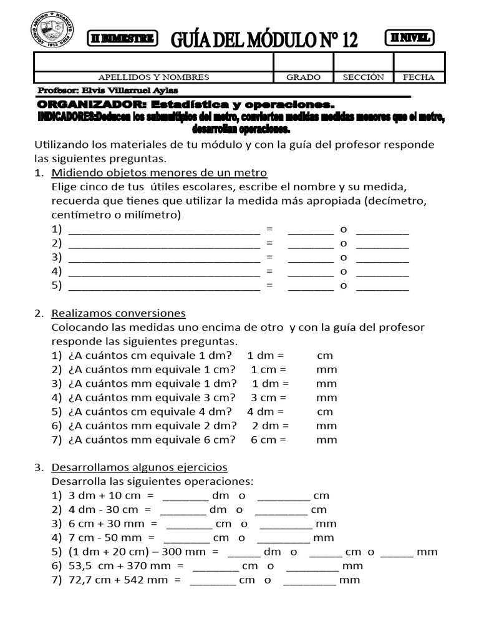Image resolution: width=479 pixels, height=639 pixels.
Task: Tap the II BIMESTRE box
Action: pyautogui.click(x=122, y=38)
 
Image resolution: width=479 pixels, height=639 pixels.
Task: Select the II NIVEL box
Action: pyautogui.click(x=410, y=37)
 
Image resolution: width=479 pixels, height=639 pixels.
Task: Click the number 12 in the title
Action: pyautogui.click(x=341, y=41)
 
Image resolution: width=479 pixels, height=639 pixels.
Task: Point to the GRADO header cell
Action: pyautogui.click(x=303, y=77)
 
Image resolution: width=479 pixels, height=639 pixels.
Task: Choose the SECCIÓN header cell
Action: pyautogui.click(x=363, y=77)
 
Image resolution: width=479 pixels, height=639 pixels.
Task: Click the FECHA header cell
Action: pyautogui.click(x=419, y=77)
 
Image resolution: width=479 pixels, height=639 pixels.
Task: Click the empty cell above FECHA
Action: pyautogui.click(x=419, y=62)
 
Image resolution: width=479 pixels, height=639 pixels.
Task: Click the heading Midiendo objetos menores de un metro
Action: pyautogui.click(x=159, y=172)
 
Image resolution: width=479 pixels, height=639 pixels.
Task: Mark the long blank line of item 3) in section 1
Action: pyautogui.click(x=163, y=257)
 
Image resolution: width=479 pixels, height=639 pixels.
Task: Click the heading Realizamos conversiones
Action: pyautogui.click(x=119, y=313)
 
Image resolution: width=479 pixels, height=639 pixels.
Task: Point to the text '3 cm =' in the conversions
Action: pyautogui.click(x=268, y=397)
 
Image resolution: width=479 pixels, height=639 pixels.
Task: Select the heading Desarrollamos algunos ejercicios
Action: pyautogui.click(x=139, y=467)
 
